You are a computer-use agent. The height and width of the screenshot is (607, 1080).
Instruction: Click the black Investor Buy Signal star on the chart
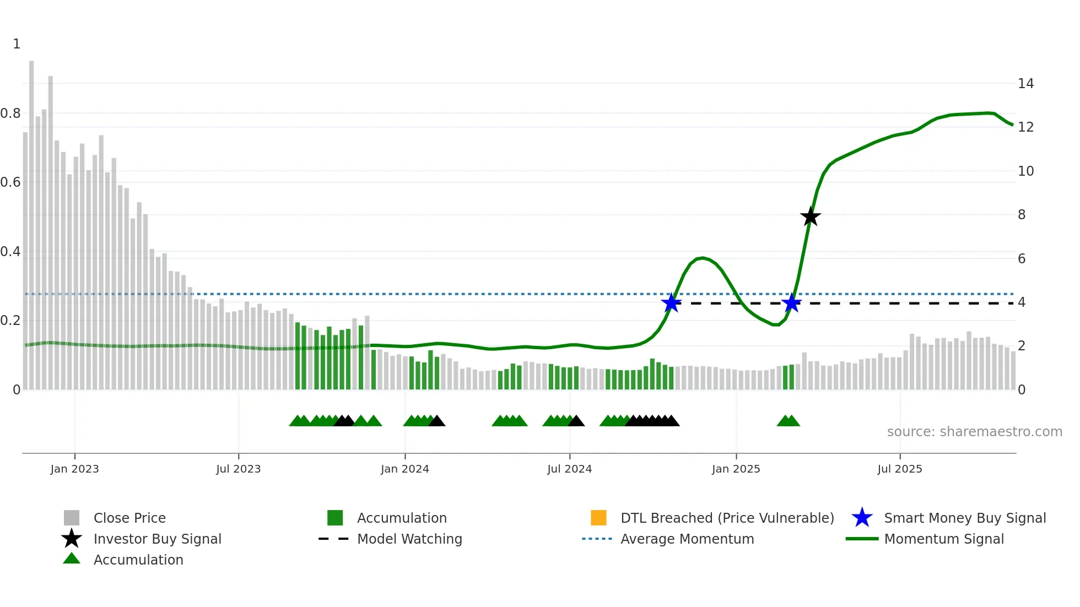point(810,217)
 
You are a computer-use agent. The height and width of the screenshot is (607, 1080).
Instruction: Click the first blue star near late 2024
point(671,303)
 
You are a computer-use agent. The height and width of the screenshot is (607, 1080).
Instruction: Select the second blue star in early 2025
point(791,303)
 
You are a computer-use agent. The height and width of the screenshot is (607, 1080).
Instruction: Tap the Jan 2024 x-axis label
point(404,469)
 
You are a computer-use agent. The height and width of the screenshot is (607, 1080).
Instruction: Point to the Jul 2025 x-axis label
point(899,469)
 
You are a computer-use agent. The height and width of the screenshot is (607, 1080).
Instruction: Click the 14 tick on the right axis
point(1025,84)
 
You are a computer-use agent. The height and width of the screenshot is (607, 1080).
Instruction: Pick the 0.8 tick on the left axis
point(10,113)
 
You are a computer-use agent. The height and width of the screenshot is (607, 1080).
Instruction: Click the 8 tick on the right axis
point(1022,215)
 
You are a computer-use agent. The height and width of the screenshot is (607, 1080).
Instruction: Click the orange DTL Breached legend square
point(598,518)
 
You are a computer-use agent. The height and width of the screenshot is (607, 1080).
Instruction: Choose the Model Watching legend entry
point(409,539)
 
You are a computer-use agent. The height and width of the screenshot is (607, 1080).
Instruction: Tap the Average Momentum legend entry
point(687,539)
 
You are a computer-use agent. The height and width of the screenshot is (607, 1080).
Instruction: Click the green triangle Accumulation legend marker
point(72,559)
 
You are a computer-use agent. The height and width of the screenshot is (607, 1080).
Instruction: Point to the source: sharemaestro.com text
point(974,432)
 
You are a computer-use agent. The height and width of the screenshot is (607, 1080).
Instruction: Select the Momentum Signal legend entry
point(943,539)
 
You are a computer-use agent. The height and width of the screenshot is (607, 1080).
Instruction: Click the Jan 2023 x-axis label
point(74,469)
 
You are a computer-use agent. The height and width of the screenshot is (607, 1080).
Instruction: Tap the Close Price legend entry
point(129,518)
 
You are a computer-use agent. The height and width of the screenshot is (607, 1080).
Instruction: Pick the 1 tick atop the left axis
point(17,44)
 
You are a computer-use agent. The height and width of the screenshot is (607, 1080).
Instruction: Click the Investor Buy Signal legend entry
point(157,539)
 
